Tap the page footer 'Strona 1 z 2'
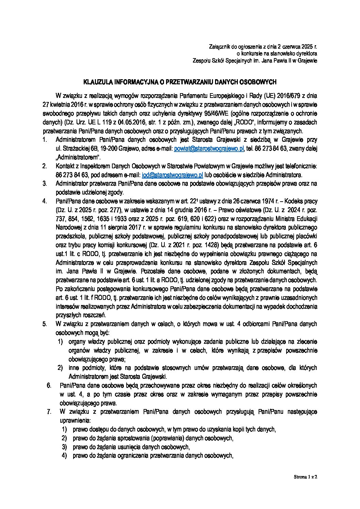306,477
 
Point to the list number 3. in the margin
44,184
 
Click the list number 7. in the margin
49,412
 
